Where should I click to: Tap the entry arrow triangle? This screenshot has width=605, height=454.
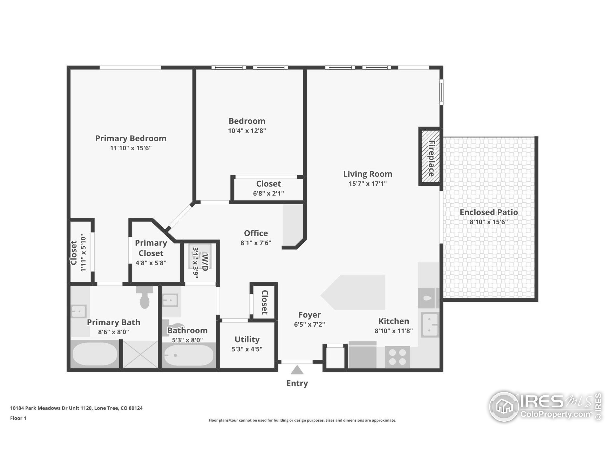tap(297, 370)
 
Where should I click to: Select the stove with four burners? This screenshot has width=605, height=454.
tap(398, 357)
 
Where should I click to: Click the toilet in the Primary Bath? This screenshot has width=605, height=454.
tap(145, 298)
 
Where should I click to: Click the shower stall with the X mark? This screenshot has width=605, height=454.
tap(140, 354)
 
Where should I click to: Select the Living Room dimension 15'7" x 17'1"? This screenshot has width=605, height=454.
tap(367, 184)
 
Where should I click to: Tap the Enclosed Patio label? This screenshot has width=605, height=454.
tap(488, 212)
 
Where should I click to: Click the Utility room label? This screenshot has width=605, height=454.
tap(247, 339)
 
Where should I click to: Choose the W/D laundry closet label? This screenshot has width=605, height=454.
tap(205, 262)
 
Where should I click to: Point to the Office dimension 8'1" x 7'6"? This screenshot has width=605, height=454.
tap(256, 243)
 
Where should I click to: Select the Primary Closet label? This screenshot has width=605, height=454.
tap(151, 248)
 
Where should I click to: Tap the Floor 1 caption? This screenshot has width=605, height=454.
tap(18, 418)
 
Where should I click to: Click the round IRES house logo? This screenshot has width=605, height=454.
tap(504, 407)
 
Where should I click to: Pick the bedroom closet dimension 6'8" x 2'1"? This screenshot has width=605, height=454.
tap(268, 193)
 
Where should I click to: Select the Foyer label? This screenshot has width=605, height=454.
tap(309, 315)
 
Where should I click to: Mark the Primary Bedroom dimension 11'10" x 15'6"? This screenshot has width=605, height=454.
tap(131, 148)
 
